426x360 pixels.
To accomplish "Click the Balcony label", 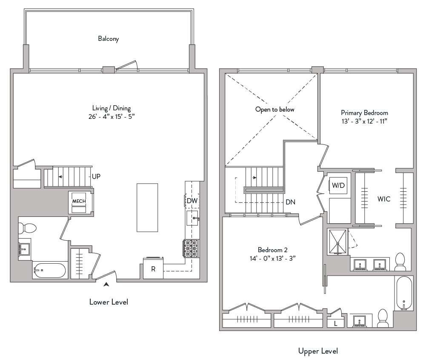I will [x=109, y=39].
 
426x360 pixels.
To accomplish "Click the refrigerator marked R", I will [x=153, y=269].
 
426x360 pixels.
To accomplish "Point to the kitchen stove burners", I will [x=191, y=248].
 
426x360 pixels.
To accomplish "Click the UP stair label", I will [x=97, y=176].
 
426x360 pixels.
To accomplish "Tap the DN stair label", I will [x=291, y=202].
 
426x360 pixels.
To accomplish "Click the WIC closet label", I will [x=383, y=199].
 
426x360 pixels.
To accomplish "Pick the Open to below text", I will [x=274, y=109].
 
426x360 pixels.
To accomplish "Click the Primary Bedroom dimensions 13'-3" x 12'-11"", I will [x=364, y=121].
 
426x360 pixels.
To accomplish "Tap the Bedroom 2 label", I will [x=271, y=249].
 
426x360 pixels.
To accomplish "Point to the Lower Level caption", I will [x=109, y=302].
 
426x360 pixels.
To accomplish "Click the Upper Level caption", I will [x=318, y=351].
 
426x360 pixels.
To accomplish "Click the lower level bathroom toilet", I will [x=28, y=228].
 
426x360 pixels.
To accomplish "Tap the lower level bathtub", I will [x=49, y=270].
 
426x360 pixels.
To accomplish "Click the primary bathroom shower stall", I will [x=338, y=242].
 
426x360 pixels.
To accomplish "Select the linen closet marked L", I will [x=336, y=323].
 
